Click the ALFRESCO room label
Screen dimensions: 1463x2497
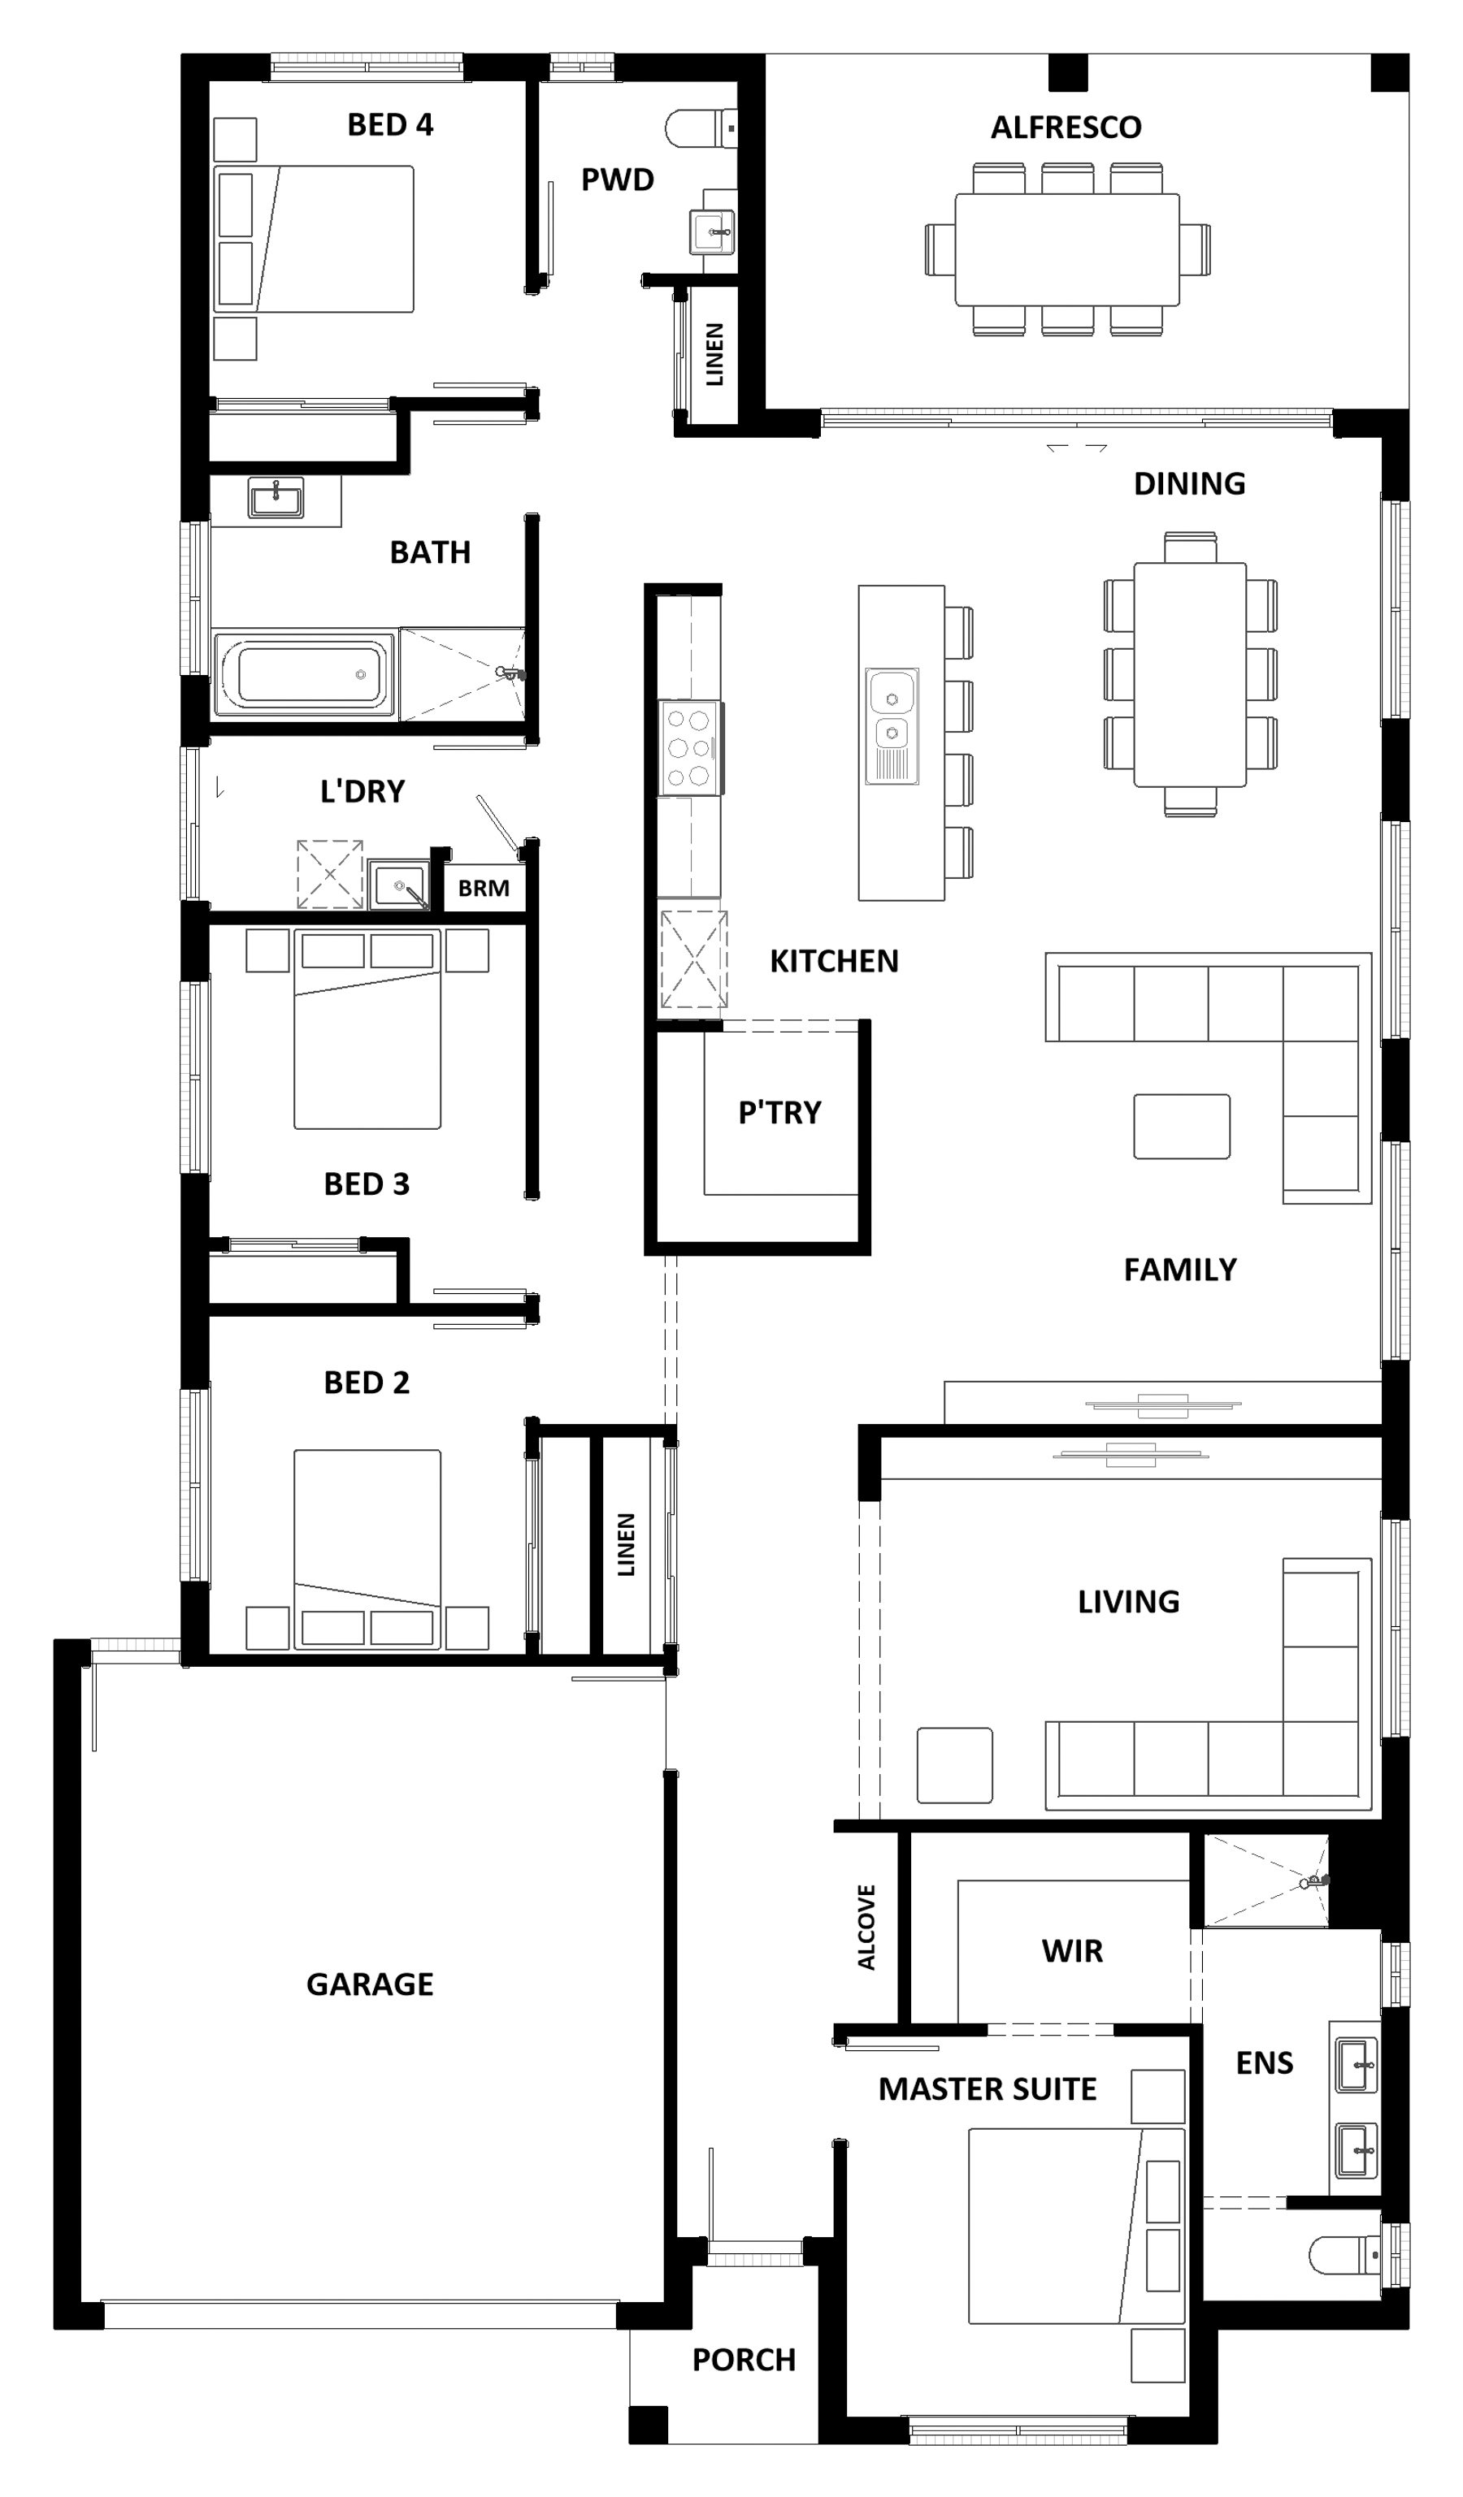[x=1066, y=127]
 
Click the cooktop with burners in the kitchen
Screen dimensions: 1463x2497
[x=691, y=748]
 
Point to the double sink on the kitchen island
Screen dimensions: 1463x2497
[x=892, y=725]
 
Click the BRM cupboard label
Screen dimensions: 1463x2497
[x=484, y=888]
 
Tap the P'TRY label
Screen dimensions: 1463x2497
[x=780, y=1113]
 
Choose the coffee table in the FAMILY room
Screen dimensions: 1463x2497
[x=1182, y=1126]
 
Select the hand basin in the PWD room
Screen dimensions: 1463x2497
[x=713, y=232]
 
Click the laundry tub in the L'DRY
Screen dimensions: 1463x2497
[x=398, y=884]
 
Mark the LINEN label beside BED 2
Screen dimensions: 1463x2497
[x=626, y=1544]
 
